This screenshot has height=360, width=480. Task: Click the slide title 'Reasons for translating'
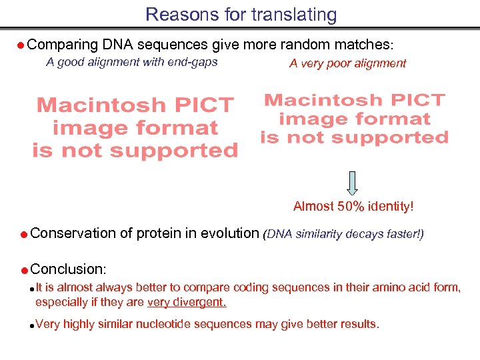pos(241,14)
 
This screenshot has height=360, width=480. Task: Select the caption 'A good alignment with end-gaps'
pos(131,63)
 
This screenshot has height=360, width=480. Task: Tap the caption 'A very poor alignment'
pos(347,63)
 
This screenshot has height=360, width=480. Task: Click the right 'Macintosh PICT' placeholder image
pos(354,119)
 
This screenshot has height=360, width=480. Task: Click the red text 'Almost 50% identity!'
pos(353,207)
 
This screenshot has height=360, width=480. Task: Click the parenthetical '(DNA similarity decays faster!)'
pos(343,234)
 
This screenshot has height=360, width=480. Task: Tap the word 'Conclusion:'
pos(68,269)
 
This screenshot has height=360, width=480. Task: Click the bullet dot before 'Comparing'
pos(21,46)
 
